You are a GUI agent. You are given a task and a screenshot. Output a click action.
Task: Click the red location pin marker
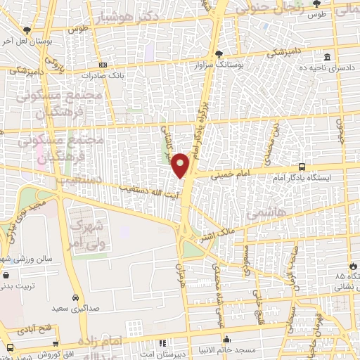tap(180, 165)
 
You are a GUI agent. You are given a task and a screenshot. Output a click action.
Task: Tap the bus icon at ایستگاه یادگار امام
tap(302, 167)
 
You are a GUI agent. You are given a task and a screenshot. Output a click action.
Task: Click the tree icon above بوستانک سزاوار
tap(220, 53)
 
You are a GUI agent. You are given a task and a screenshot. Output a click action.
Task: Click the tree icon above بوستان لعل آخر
tap(27, 30)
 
